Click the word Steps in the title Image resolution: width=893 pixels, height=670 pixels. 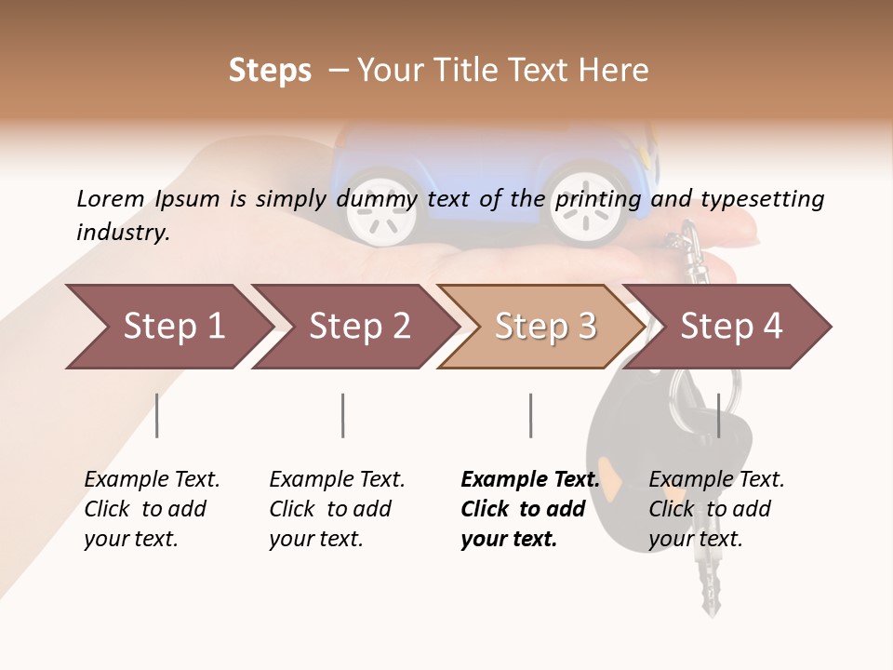click(270, 71)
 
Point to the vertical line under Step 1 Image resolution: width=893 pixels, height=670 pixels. click(157, 415)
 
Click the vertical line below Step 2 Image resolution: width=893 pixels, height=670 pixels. click(343, 415)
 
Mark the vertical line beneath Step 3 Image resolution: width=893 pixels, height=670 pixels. click(531, 415)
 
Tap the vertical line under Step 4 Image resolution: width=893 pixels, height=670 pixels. click(718, 415)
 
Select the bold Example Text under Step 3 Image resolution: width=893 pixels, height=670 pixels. click(529, 509)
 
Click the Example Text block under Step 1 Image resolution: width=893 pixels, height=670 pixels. click(152, 509)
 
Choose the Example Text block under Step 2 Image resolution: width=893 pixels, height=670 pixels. click(337, 509)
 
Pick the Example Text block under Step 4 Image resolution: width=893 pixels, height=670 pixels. click(716, 509)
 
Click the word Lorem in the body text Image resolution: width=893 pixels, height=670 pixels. click(110, 198)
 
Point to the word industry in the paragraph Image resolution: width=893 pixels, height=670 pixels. click(122, 232)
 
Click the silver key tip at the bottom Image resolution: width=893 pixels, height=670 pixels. click(712, 600)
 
